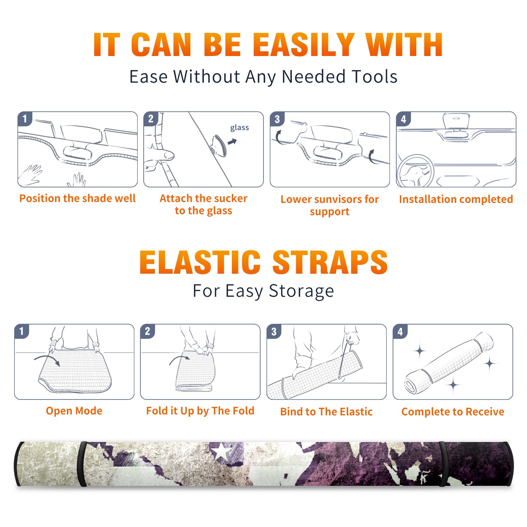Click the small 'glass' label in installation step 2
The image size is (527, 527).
[239, 128]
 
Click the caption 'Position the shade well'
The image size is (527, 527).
[77, 198]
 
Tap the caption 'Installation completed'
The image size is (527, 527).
[456, 199]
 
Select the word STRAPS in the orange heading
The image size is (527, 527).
[330, 262]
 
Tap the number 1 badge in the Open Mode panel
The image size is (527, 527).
[22, 331]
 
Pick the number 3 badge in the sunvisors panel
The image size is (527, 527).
[277, 119]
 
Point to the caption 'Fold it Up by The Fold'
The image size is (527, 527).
[200, 411]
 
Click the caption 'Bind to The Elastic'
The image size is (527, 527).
[326, 412]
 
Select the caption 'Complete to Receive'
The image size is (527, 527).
[453, 412]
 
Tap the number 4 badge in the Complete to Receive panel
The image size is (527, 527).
[400, 331]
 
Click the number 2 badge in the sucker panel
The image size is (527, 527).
[151, 119]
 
